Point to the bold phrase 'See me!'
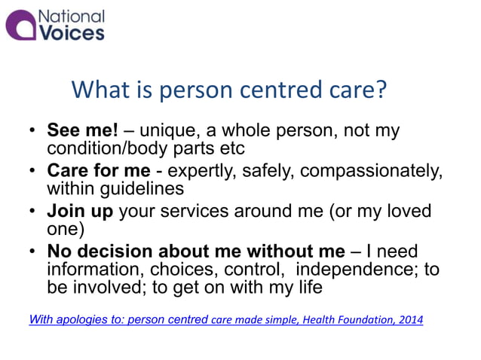coord(78,131)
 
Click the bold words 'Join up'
coord(80,212)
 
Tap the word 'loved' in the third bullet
coord(407,212)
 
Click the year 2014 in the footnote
coord(408,320)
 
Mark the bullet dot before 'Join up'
coord(32,212)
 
